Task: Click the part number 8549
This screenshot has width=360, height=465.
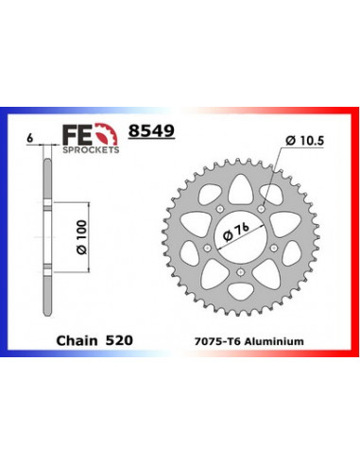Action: coord(151,130)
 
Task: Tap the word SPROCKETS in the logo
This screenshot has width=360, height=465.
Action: coord(91,150)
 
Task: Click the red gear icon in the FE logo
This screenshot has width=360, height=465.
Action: coord(107,134)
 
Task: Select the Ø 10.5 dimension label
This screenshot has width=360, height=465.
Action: coord(304,141)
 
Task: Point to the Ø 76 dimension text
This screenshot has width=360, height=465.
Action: coord(236,232)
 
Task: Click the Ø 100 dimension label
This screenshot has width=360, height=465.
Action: coord(81,237)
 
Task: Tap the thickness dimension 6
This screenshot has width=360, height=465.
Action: coord(30,138)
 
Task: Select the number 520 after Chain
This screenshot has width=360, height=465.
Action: coord(119,340)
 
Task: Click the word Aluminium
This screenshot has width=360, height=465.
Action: coord(274,341)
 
